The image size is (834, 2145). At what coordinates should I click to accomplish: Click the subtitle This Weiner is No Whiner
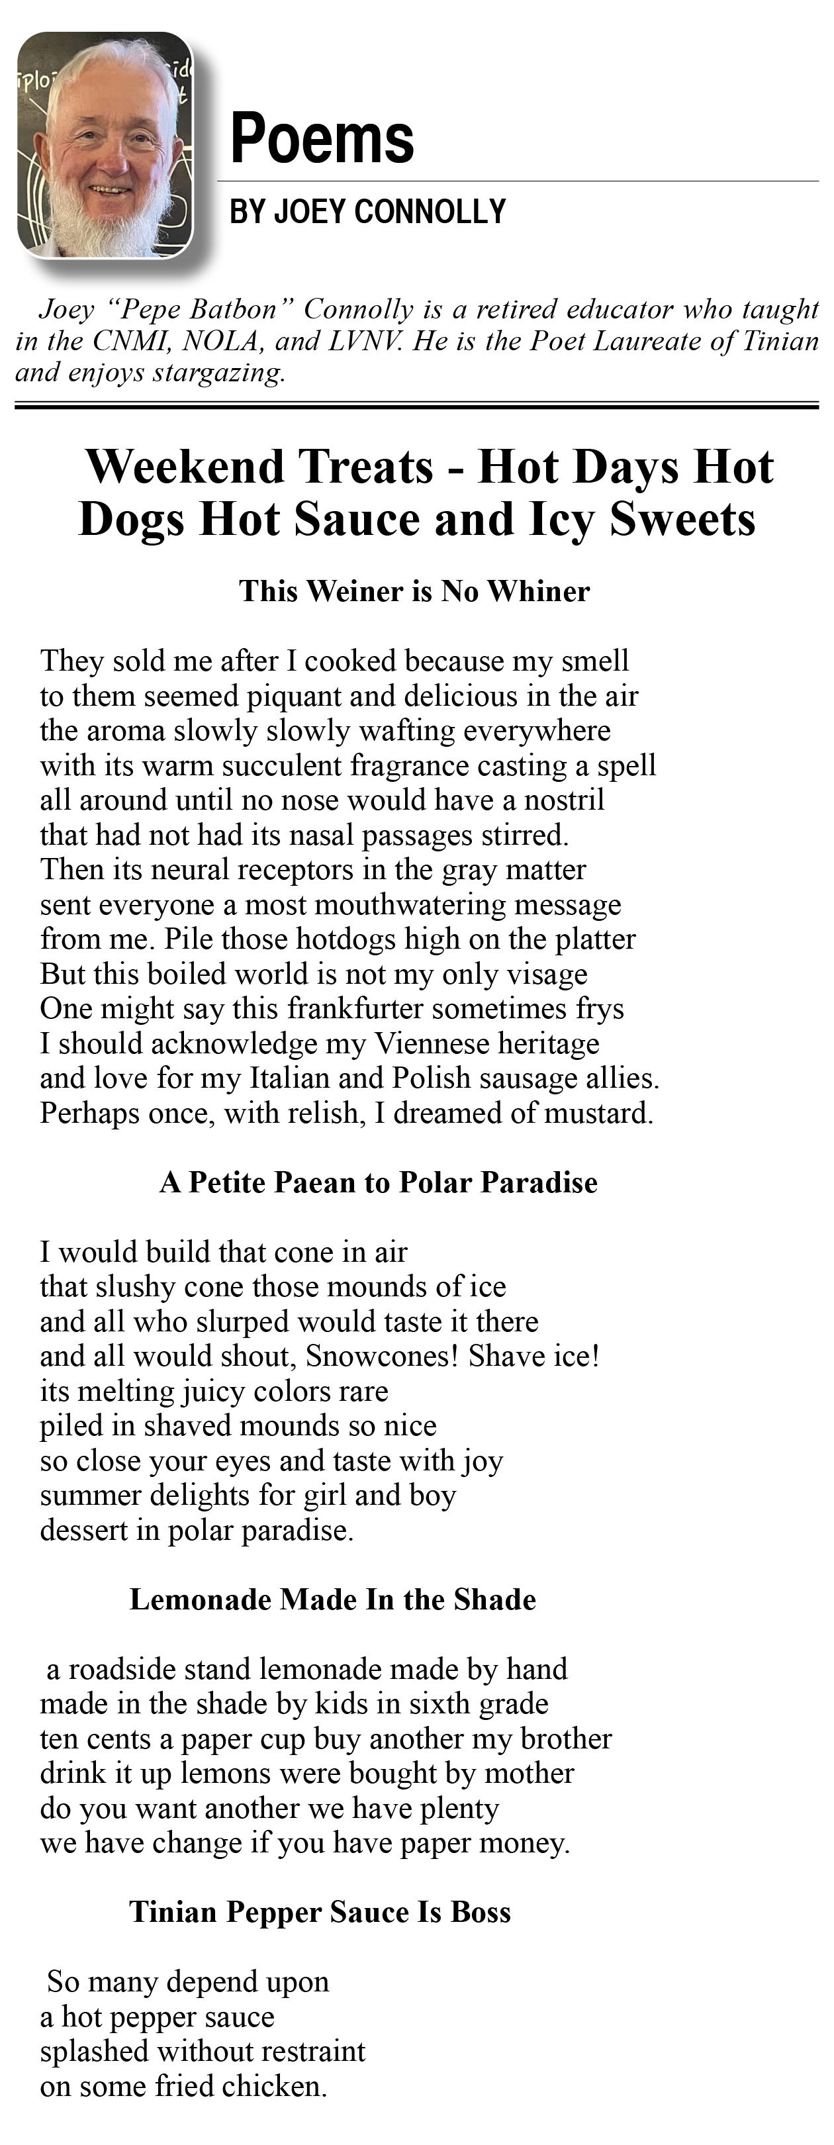(x=414, y=591)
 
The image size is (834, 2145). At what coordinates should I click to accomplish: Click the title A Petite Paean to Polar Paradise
(x=378, y=1182)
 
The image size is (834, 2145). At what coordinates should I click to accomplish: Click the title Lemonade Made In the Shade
(x=332, y=1599)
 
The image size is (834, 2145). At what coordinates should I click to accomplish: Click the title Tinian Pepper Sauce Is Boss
(x=320, y=1912)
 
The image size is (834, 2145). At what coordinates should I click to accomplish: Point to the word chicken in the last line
(x=285, y=2087)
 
